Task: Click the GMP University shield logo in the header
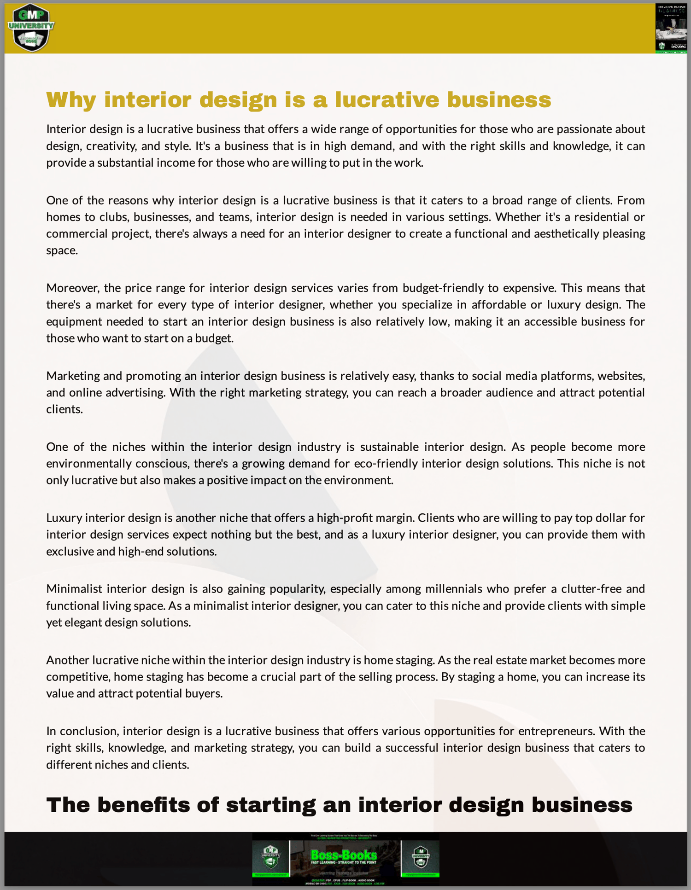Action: pyautogui.click(x=31, y=28)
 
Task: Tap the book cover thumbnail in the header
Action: pyautogui.click(x=671, y=28)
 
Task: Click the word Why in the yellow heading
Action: pyautogui.click(x=71, y=100)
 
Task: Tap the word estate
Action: pyautogui.click(x=510, y=660)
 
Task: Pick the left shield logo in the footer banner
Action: pyautogui.click(x=271, y=856)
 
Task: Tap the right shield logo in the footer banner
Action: pyautogui.click(x=421, y=856)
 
